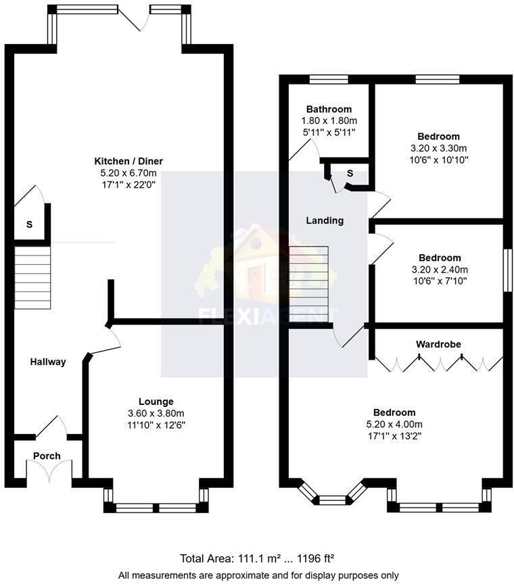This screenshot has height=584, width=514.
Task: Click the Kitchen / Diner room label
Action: (128, 161)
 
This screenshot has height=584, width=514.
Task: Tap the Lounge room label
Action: (156, 401)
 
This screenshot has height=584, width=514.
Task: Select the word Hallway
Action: (48, 362)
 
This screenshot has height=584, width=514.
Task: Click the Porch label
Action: (47, 456)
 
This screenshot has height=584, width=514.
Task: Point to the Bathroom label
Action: (329, 109)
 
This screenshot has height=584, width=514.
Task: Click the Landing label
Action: (325, 220)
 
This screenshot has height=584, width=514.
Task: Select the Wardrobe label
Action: (438, 344)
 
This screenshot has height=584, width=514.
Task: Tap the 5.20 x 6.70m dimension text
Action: (128, 172)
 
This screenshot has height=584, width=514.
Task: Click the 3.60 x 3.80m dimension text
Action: (156, 413)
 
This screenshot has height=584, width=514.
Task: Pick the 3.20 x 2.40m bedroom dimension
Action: (440, 269)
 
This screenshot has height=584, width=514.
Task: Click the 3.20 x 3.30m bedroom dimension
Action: (438, 148)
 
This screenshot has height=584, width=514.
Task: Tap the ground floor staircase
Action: (32, 278)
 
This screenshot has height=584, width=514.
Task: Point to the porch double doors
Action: (48, 472)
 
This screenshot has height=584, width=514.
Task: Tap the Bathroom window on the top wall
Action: (329, 79)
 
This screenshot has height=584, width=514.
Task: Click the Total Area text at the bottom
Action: (257, 558)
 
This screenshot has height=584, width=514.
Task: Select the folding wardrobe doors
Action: (438, 364)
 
